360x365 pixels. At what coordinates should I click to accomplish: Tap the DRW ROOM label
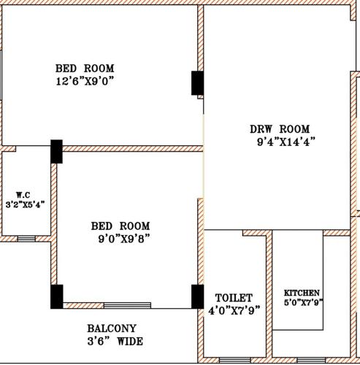point(280,128)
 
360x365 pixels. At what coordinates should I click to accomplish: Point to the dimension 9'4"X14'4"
point(286,142)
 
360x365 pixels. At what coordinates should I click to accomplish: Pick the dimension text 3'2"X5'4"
point(26,205)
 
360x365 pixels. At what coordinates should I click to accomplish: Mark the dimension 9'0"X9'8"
point(124,238)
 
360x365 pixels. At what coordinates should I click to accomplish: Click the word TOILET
point(234,298)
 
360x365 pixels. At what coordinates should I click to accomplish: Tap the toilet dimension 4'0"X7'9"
point(234,310)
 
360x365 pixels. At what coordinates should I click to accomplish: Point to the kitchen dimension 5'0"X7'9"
point(303,302)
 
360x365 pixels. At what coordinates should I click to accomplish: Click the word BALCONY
point(111,328)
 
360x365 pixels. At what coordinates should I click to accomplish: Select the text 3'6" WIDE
point(115,341)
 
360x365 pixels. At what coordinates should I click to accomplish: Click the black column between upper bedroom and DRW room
point(197,82)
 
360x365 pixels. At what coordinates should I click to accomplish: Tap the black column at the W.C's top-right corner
point(56,151)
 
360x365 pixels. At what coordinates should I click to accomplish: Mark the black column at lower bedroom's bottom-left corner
point(56,296)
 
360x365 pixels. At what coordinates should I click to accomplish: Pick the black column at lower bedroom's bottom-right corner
point(197,296)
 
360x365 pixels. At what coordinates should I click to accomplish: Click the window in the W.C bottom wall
point(26,238)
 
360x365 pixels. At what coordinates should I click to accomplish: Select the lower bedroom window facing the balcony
point(127,305)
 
